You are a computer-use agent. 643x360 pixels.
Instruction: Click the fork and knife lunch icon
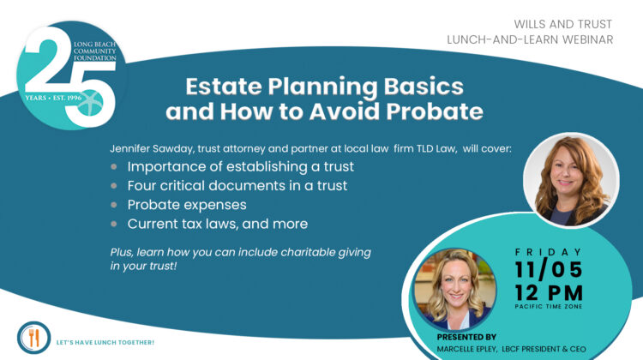tap(33, 338)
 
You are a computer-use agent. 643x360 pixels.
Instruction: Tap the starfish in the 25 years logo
tap(90, 103)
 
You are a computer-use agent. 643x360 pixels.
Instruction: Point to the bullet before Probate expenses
tap(114, 205)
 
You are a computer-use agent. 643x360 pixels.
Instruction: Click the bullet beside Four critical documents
tap(114, 186)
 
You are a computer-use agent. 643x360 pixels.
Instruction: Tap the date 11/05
tap(549, 269)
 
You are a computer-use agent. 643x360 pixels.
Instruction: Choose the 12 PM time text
tap(549, 293)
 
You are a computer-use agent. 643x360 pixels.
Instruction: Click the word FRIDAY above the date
tap(549, 252)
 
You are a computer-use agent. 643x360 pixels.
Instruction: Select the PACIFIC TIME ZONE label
tap(549, 307)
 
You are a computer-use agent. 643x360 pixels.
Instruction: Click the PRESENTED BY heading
tap(466, 337)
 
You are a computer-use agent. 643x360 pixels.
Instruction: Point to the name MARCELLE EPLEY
tap(466, 349)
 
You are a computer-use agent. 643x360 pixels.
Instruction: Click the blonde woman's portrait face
tap(455, 287)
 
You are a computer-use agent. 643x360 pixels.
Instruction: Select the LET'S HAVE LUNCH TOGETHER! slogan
tap(105, 342)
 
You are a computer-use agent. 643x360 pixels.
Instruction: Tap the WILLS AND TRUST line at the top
tap(562, 24)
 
